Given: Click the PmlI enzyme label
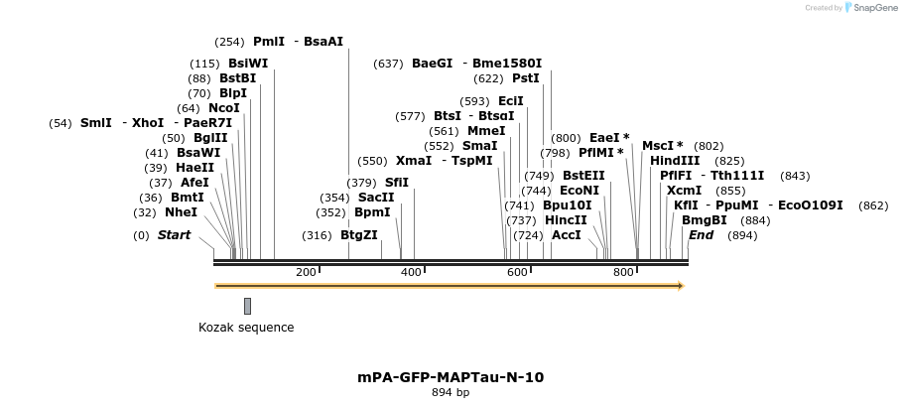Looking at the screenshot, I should pos(269,42).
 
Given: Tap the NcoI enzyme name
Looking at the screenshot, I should pos(223,108).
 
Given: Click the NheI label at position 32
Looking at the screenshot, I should pos(181,212).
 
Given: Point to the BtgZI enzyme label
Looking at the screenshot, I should pos(359,235).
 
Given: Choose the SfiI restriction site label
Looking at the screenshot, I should pos(396,183).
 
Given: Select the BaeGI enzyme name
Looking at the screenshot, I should pos(432,64).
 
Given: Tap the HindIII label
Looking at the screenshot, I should pos(675,161).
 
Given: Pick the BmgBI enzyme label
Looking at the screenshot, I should pos(705,220).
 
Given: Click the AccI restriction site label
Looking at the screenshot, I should pos(566,235).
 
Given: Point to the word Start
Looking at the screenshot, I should pos(174,235).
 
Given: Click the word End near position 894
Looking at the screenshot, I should pos(701,235).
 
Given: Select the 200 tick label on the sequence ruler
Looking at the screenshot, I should pos(306,272).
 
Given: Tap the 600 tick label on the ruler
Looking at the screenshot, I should pos(517,272).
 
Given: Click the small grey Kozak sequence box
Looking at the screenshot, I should pos(247,306).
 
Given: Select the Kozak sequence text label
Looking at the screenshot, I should pos(246,328).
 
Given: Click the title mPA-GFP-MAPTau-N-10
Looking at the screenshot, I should pos(451,377).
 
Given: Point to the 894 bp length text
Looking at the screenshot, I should pos(451,393).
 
